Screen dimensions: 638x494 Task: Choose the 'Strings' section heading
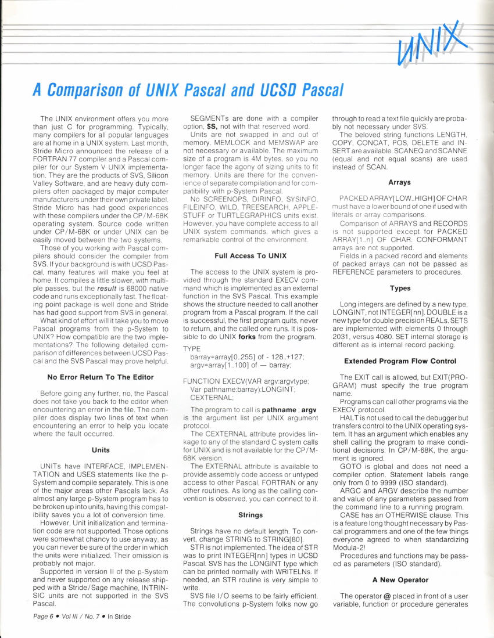pyautogui.click(x=250, y=514)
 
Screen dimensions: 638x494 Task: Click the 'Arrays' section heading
pyautogui.click(x=399, y=182)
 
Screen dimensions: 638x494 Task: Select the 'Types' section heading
pyautogui.click(x=399, y=288)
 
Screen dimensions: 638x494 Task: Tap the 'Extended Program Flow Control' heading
pyautogui.click(x=399, y=361)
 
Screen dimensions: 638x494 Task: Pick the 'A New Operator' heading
pyautogui.click(x=399, y=579)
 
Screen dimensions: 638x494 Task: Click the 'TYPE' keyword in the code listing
pyautogui.click(x=192, y=348)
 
